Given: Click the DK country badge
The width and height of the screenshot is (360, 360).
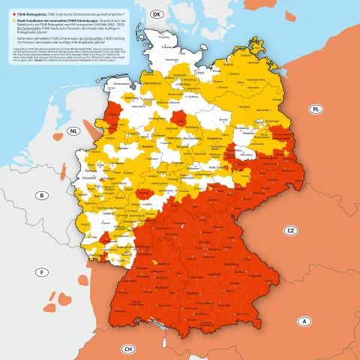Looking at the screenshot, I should click(157, 14).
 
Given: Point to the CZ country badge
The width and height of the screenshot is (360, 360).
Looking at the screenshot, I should click(290, 231).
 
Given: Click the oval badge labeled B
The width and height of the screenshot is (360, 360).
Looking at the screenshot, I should click(43, 196).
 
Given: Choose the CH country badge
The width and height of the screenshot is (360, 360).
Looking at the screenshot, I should click(128, 349).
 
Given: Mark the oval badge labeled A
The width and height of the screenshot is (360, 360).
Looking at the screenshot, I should click(304, 322).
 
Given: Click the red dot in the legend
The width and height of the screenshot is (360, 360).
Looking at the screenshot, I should click(9, 14).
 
